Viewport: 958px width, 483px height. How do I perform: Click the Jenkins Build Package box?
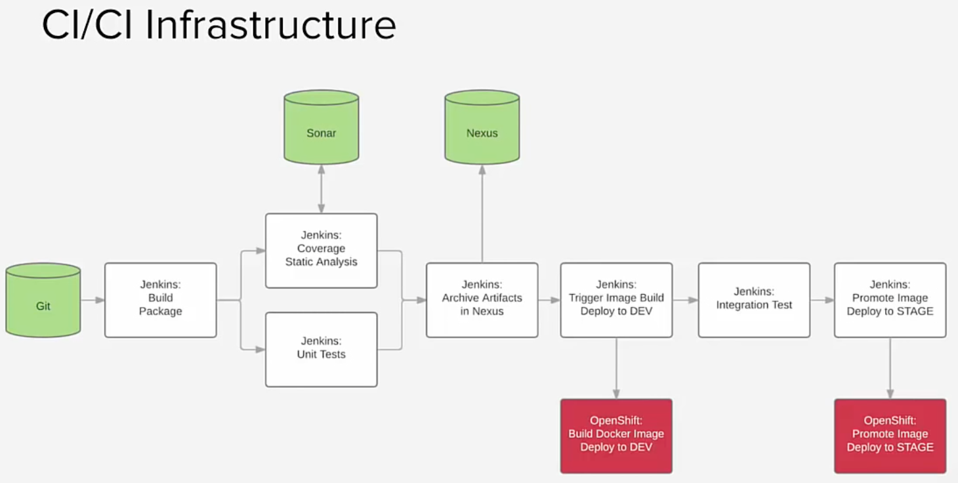[x=161, y=300]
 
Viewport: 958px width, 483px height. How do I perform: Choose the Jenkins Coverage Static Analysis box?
[x=321, y=251]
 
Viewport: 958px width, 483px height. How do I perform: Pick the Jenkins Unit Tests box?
[x=321, y=349]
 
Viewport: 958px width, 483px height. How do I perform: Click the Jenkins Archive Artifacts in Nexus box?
[x=482, y=300]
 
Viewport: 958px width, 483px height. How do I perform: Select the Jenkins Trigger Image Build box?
[x=616, y=300]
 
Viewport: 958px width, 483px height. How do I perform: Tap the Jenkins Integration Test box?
[x=754, y=300]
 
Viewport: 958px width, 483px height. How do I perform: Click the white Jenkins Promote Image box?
[x=890, y=300]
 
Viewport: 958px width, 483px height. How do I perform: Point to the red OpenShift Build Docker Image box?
[x=616, y=436]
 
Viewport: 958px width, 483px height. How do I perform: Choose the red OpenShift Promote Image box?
[x=890, y=436]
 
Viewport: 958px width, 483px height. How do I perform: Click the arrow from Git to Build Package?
[x=93, y=300]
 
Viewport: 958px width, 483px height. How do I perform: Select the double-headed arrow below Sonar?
[x=321, y=189]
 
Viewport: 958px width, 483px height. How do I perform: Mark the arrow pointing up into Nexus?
[x=482, y=213]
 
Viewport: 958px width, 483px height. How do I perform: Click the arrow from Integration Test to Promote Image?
[x=822, y=300]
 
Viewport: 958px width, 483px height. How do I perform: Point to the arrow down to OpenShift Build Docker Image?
[x=616, y=368]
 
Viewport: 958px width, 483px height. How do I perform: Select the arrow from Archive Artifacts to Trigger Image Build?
[x=549, y=300]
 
